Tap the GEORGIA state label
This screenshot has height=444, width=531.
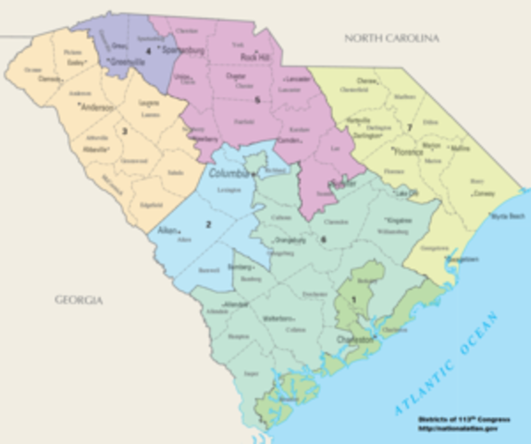pyautogui.click(x=79, y=301)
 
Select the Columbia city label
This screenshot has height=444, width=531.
pyautogui.click(x=228, y=173)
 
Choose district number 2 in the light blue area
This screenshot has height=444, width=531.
pyautogui.click(x=209, y=224)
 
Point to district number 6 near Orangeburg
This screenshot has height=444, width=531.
pyautogui.click(x=323, y=240)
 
